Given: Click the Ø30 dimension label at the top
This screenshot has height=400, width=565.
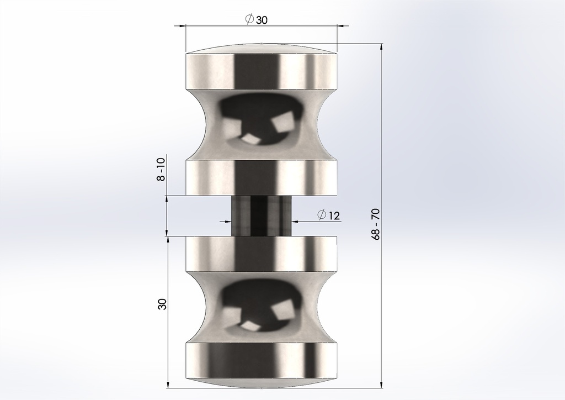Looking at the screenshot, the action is click(x=256, y=19).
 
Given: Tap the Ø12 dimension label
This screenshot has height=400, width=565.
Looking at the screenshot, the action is click(x=328, y=215).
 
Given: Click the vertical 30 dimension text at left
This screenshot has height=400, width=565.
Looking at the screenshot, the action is click(x=163, y=304).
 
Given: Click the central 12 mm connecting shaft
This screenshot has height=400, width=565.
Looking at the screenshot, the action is click(x=261, y=215).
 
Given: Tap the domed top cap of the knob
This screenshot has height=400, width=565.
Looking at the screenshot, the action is click(x=261, y=49).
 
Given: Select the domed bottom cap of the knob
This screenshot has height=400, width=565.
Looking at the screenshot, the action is click(x=261, y=383).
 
